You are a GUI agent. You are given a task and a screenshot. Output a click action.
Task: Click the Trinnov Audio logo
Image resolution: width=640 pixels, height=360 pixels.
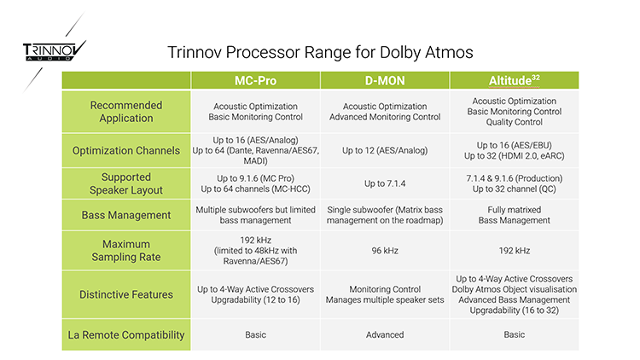(x=55, y=51)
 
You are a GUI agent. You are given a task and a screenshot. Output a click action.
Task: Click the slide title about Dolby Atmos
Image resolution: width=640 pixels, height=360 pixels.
(x=320, y=52)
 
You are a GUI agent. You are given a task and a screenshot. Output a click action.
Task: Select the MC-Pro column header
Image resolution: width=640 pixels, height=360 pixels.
(x=255, y=80)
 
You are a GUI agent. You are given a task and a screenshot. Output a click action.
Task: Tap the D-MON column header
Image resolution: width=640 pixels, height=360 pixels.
(x=385, y=80)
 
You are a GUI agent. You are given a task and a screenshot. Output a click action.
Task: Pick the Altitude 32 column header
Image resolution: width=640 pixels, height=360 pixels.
(x=515, y=80)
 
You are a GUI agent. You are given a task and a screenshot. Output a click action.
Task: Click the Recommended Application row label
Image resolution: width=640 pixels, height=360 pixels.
(x=126, y=112)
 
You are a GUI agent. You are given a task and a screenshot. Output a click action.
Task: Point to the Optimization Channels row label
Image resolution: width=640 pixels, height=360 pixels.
(x=126, y=151)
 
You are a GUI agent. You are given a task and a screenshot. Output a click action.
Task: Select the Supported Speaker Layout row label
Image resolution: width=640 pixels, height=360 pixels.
(x=126, y=183)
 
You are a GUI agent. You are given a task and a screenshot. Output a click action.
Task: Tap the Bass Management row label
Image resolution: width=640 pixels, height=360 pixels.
(x=126, y=215)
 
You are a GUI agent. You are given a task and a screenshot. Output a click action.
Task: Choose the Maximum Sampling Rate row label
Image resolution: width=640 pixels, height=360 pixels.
(x=126, y=251)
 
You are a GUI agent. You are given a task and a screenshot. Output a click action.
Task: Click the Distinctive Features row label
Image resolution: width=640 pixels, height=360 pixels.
(x=126, y=294)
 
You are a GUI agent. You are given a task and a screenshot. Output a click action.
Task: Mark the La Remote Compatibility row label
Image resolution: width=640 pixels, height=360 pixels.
(x=126, y=334)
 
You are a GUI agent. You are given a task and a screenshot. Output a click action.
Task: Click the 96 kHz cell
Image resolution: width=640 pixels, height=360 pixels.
(x=385, y=251)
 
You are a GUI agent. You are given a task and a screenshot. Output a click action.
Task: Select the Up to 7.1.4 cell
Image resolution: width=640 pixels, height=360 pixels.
(x=385, y=183)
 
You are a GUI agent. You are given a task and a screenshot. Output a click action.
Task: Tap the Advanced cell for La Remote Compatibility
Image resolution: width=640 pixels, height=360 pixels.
(x=385, y=334)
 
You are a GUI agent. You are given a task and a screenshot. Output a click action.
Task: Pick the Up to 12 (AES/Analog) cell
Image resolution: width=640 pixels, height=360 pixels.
(x=385, y=151)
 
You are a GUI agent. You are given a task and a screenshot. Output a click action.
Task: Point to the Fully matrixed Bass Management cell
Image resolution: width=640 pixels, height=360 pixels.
(x=515, y=215)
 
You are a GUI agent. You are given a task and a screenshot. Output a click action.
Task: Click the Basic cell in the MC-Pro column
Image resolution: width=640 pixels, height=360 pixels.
(x=255, y=334)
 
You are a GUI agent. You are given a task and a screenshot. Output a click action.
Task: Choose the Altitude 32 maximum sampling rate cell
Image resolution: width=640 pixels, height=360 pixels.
(x=515, y=251)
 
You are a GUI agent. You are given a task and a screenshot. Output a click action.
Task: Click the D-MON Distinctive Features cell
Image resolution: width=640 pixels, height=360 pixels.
(x=385, y=294)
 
